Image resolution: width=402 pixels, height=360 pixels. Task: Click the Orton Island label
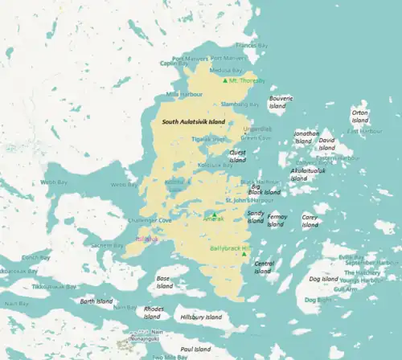(359, 117)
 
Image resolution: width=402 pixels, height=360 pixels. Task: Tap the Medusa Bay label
(225, 69)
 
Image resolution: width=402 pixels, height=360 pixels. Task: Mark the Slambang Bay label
(240, 104)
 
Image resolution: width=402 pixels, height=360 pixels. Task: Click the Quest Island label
(237, 155)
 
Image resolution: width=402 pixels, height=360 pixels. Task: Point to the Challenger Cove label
(150, 219)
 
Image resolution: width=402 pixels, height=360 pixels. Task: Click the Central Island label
(264, 268)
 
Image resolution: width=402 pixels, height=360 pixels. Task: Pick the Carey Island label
(310, 220)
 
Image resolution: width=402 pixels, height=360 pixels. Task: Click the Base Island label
(164, 282)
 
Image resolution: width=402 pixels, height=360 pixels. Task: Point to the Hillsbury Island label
(201, 317)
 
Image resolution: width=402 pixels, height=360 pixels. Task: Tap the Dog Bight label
(318, 299)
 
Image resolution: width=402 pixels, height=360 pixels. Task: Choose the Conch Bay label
(35, 257)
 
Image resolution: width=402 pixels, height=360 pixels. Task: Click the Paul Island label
(195, 350)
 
